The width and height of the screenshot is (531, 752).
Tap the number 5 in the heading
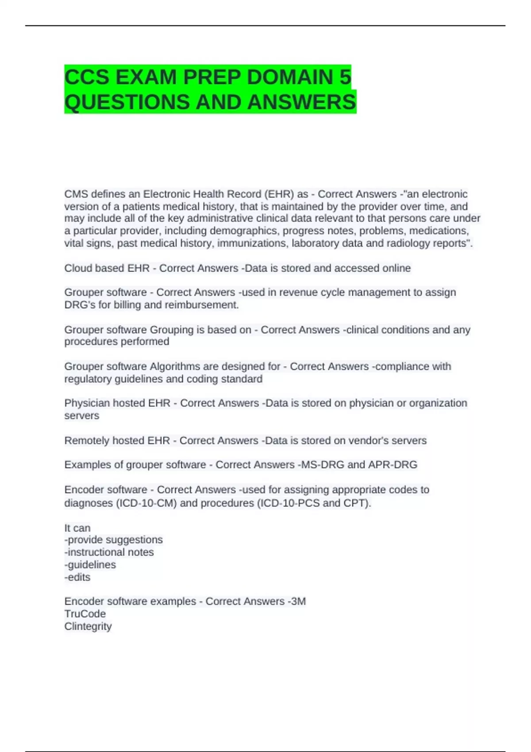tap(345, 77)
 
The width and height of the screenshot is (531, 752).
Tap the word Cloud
tap(79, 268)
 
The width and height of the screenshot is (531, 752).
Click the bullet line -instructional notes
tap(109, 552)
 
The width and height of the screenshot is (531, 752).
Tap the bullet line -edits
tap(77, 577)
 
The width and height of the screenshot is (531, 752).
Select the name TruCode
tap(85, 614)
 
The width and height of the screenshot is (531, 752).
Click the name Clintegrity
tap(88, 626)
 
